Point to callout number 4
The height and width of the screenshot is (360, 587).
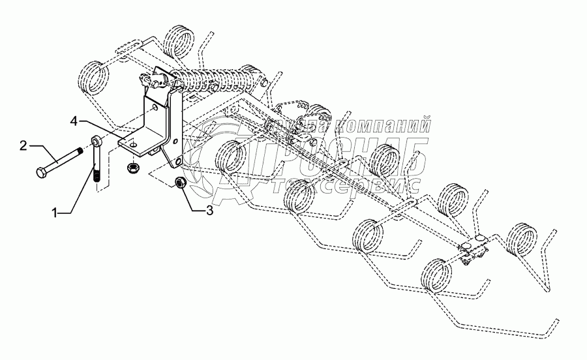(x=75, y=121)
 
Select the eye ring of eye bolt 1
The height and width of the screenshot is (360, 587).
(x=96, y=140)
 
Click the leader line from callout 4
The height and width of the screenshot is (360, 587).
(x=100, y=127)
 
